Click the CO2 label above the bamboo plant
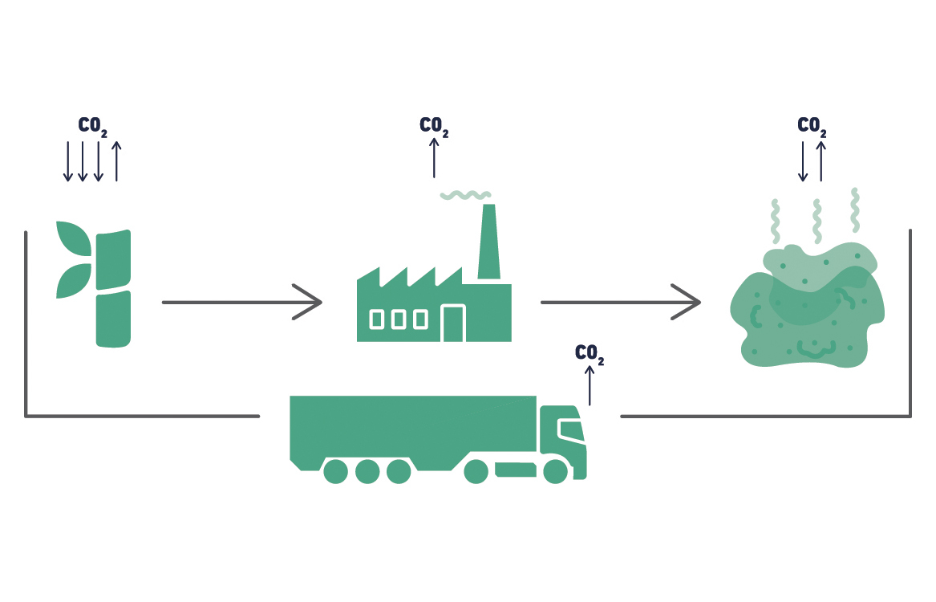tap(92, 126)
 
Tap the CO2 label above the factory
tap(434, 126)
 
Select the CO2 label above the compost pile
tap(812, 126)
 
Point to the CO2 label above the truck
tap(590, 353)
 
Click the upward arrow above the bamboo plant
tap(116, 161)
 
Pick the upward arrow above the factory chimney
tap(434, 157)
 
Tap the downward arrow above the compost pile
tap(803, 161)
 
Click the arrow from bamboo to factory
tap(241, 302)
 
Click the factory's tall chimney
tap(488, 242)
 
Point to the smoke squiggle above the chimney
tap(465, 194)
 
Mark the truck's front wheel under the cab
tap(555, 471)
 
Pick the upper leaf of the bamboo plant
tap(75, 238)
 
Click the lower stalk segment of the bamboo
tap(113, 319)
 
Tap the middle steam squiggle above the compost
tap(816, 221)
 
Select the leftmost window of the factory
tap(376, 319)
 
